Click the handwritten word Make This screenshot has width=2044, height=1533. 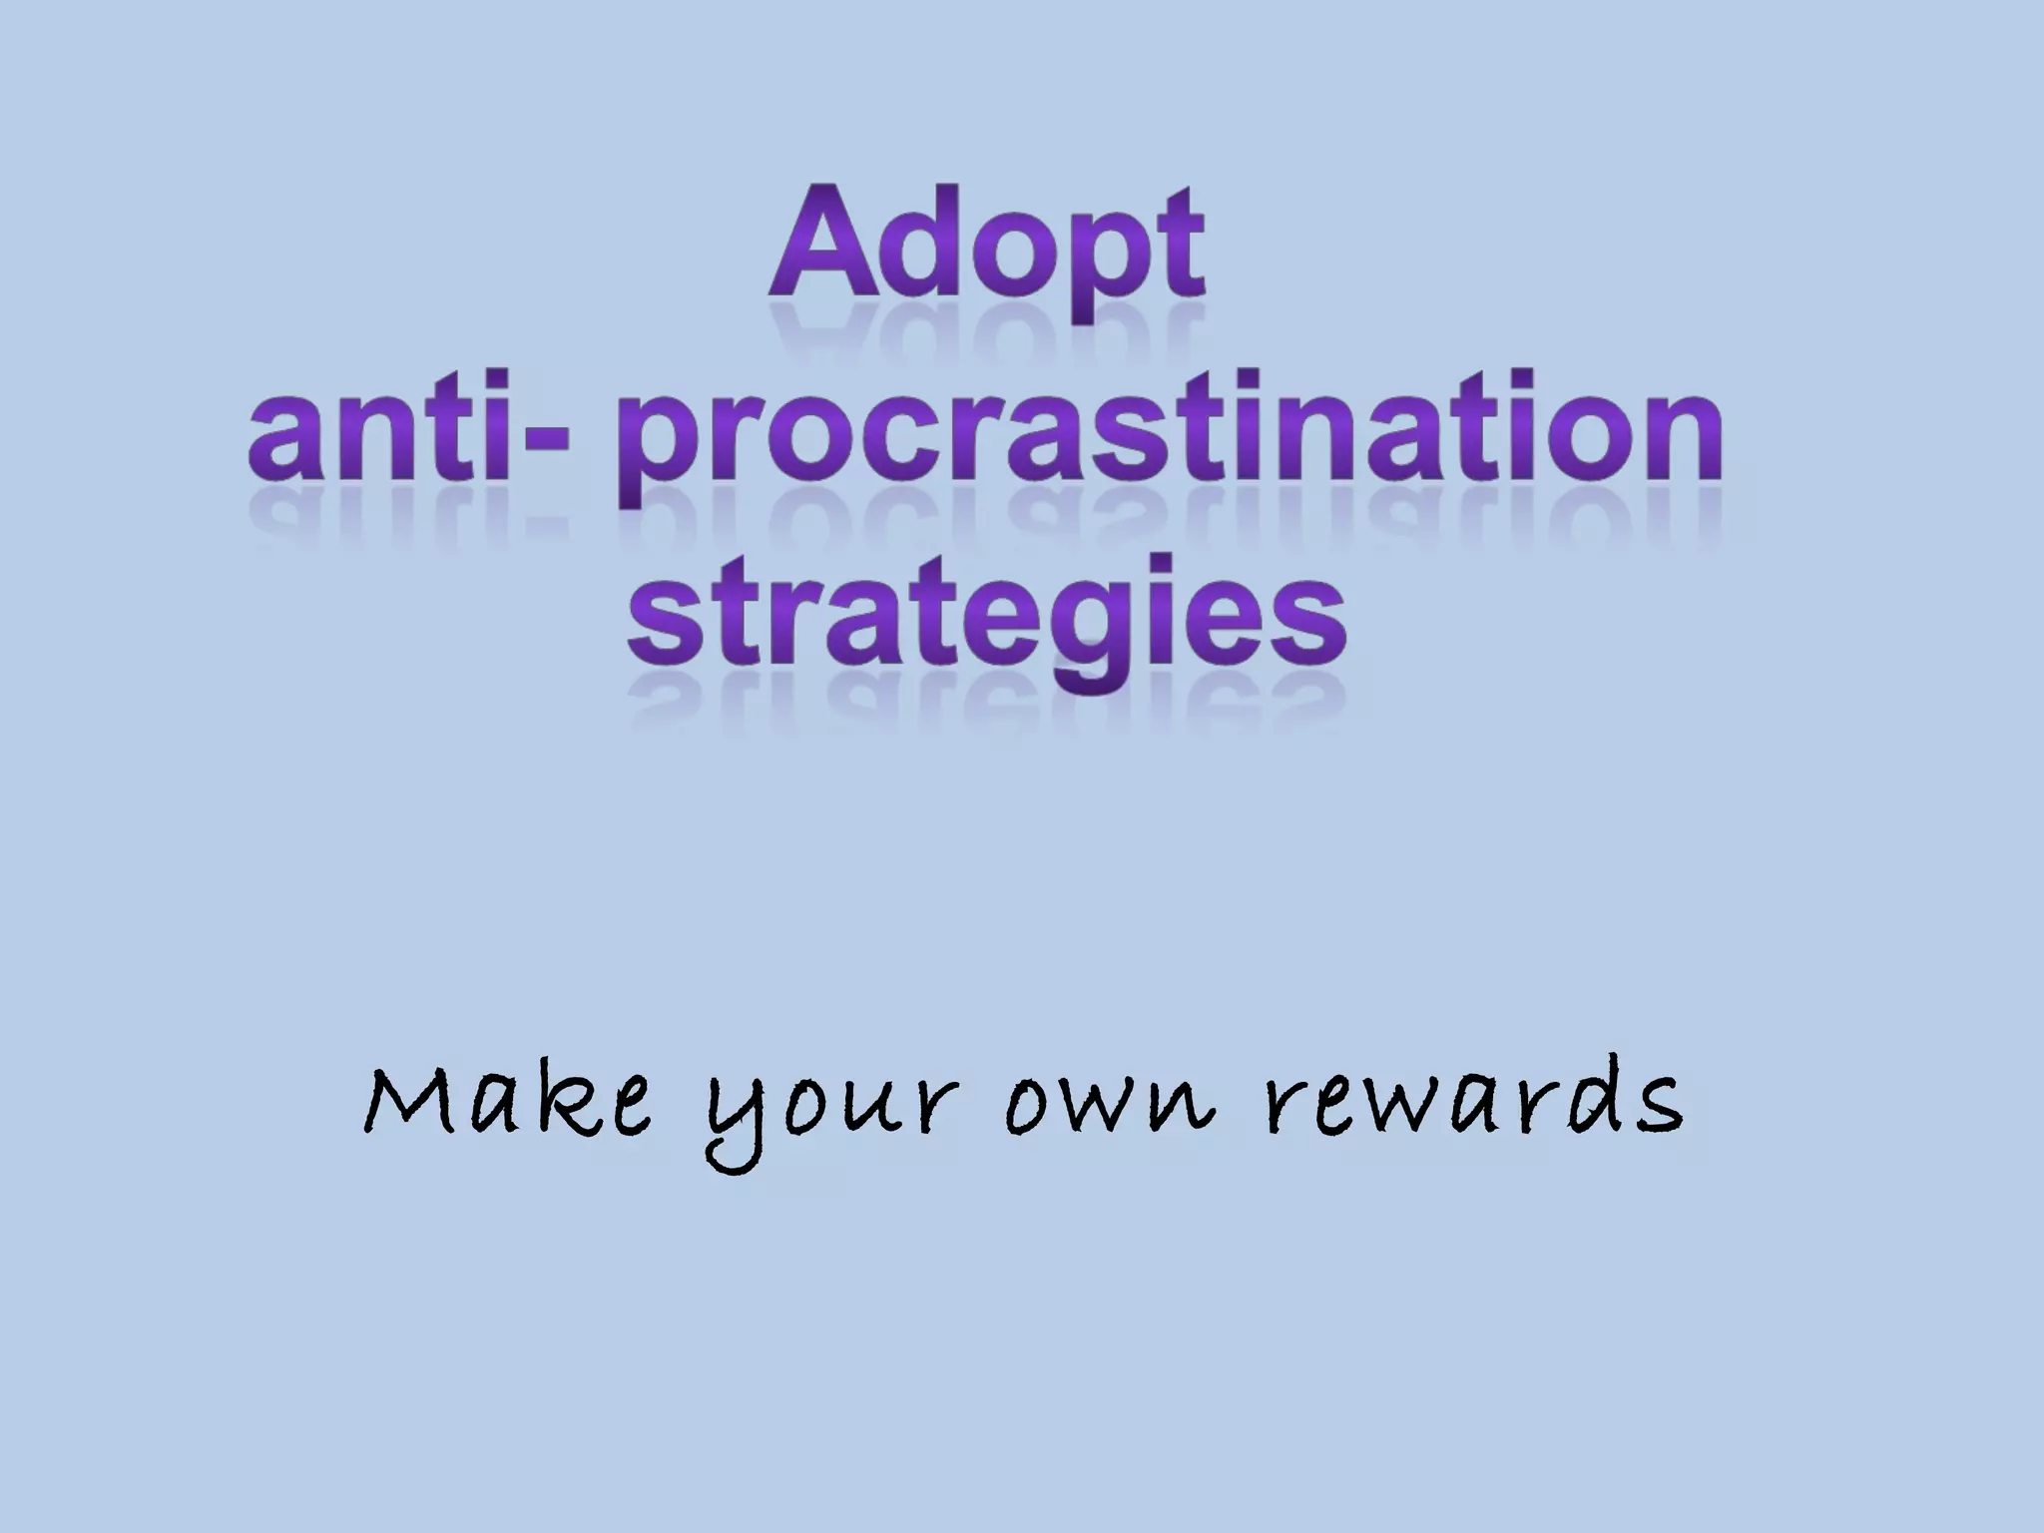pyautogui.click(x=508, y=1104)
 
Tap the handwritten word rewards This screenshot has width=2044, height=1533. pyautogui.click(x=1473, y=1104)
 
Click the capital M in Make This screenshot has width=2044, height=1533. pyautogui.click(x=408, y=1102)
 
